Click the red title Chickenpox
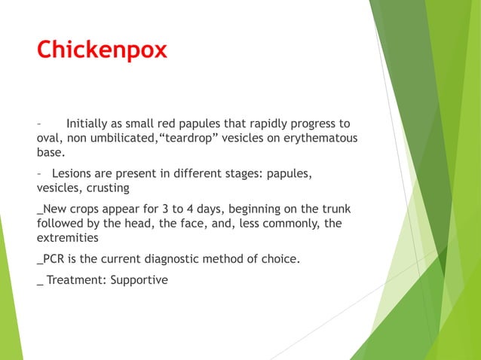point(102,50)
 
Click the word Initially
point(90,124)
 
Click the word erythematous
point(317,139)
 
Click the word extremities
point(67,238)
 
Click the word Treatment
point(74,280)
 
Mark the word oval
point(49,139)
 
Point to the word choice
point(279,260)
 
